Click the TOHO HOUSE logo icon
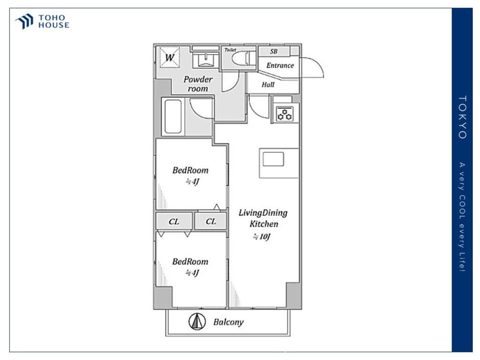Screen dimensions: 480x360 point(24,21)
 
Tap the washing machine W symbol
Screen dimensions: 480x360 point(169,57)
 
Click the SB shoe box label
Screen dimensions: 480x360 point(274,51)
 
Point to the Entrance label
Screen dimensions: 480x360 point(280,65)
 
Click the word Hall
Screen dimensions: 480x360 point(268,84)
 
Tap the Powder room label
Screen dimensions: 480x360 point(198,84)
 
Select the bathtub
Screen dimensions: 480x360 point(173,117)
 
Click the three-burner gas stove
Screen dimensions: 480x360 point(285,114)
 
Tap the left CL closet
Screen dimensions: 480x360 point(174,221)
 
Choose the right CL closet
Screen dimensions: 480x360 point(211,221)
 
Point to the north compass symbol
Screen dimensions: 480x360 point(197,322)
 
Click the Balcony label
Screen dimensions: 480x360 point(228,322)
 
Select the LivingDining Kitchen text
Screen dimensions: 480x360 point(263,218)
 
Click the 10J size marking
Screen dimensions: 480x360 point(262,237)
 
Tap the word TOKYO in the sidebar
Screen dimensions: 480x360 point(462,117)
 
